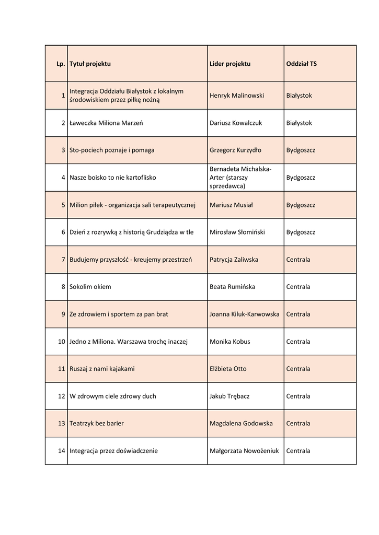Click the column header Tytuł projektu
point(90,64)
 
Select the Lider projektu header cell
point(229,64)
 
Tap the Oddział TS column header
point(301,64)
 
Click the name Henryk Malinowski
point(236,96)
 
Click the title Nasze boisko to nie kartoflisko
point(112,178)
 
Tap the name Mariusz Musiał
point(231,205)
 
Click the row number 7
point(63,260)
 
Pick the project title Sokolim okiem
point(90,287)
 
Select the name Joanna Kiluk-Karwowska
point(244,314)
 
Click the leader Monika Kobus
point(229,342)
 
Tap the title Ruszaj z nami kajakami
point(102,369)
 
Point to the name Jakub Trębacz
point(229,396)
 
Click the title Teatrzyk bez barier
point(96,423)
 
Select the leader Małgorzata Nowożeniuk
point(244,451)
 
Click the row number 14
point(61,451)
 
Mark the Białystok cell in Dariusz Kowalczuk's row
point(299,123)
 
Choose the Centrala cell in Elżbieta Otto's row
point(298,369)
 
